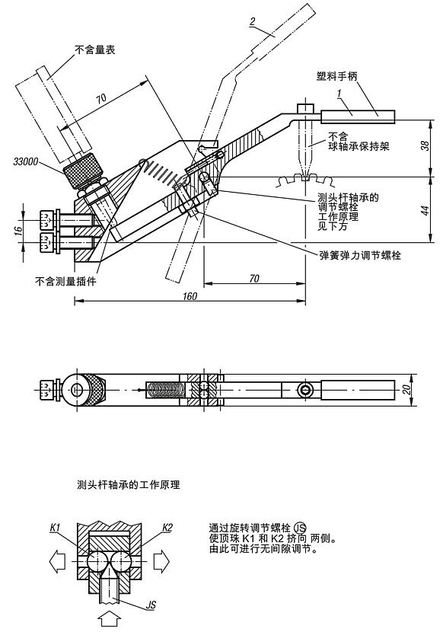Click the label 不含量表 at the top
pos(94,50)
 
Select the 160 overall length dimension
pos(201,295)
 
